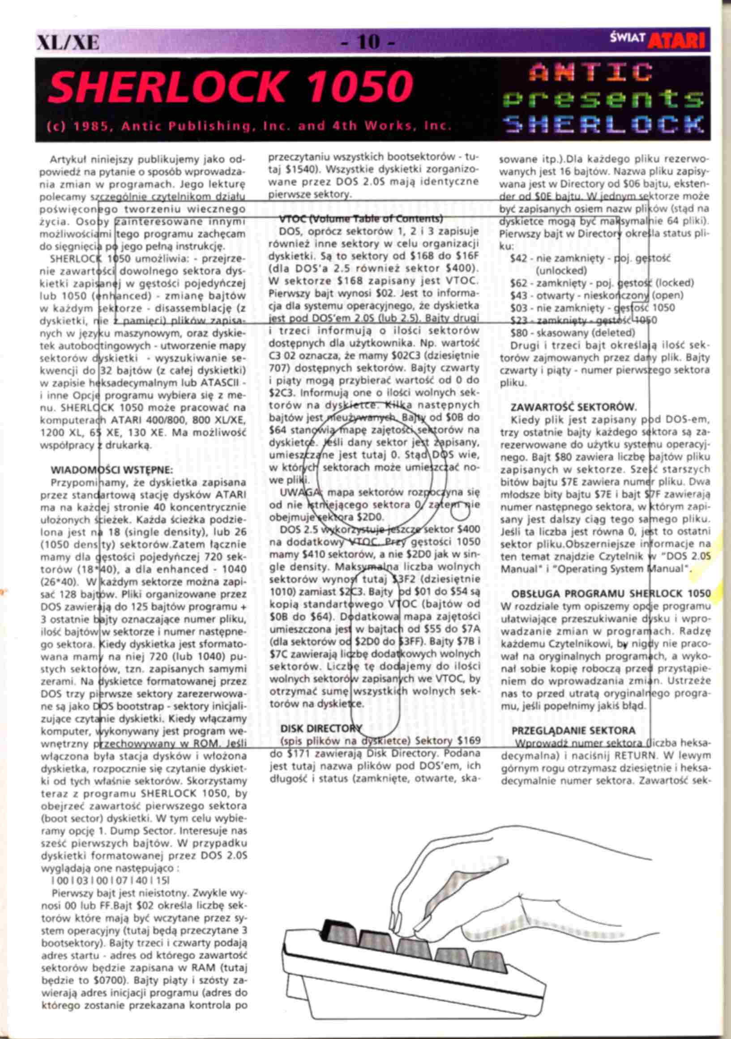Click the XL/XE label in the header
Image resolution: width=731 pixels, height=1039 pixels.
(68, 43)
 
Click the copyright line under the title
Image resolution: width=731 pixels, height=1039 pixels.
(249, 126)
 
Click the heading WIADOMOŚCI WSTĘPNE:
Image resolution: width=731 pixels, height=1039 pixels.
(111, 469)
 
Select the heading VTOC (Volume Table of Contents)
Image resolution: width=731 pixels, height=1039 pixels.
(361, 219)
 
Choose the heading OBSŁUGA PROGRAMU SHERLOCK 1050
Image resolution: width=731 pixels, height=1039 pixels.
(611, 594)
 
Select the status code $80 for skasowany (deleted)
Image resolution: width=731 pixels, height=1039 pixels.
(518, 333)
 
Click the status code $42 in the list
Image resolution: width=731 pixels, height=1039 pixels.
(518, 258)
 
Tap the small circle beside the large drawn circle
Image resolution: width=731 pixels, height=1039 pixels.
(460, 513)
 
